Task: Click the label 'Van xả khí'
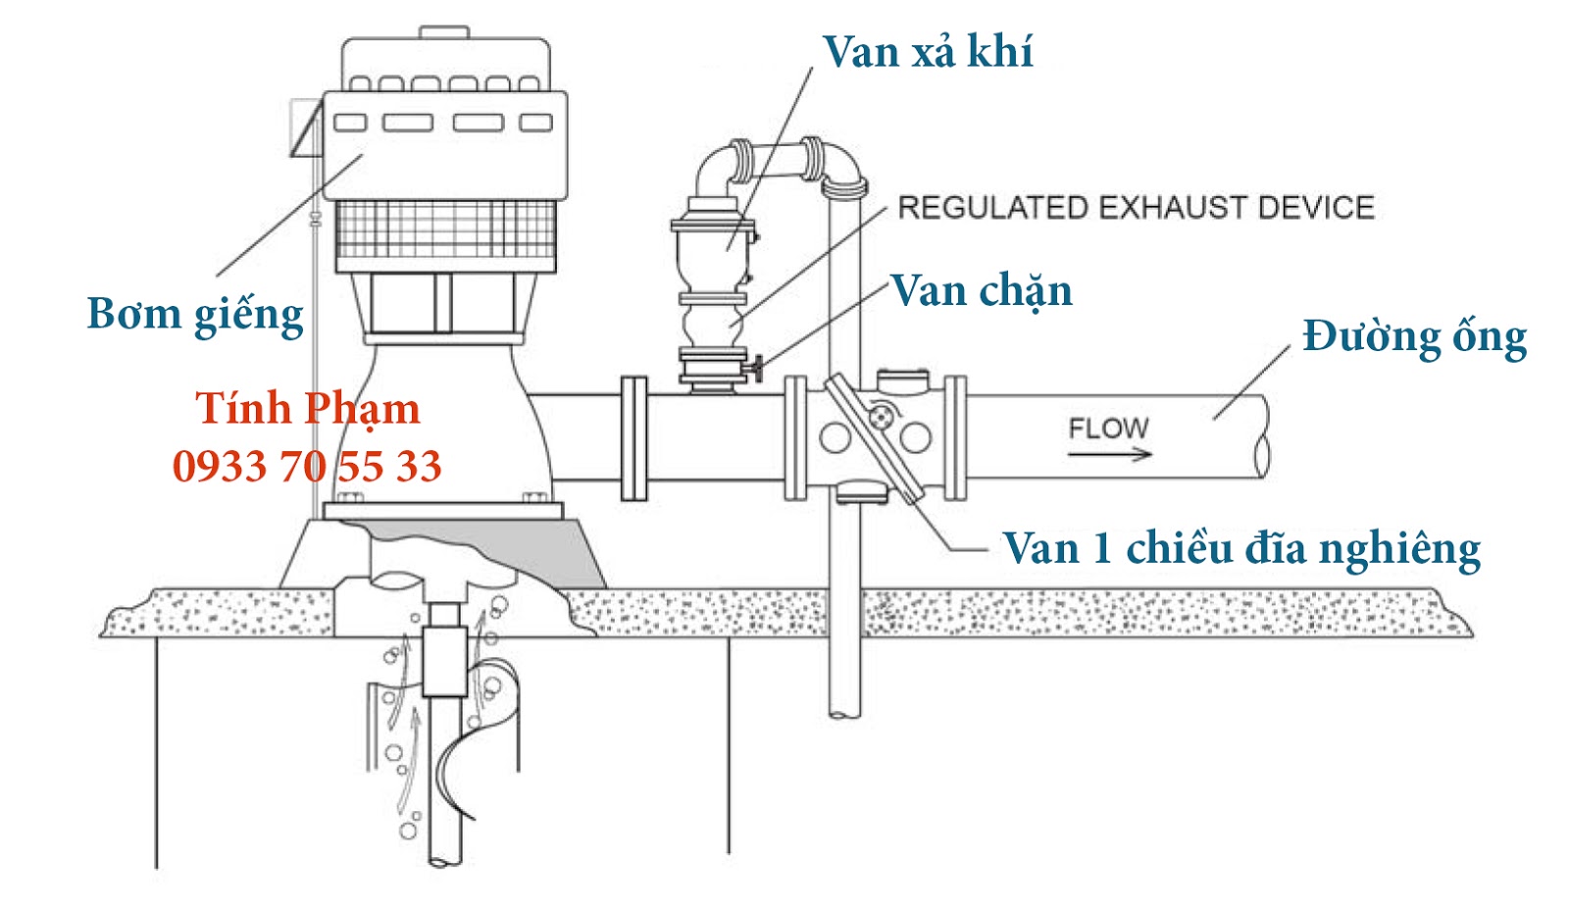pos(927,52)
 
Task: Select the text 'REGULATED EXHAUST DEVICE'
pos(1136,208)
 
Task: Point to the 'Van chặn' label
pos(981,291)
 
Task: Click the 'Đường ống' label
pos(1413,338)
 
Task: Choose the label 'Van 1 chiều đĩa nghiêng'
pos(1240,549)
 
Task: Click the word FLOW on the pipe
pos(1107,429)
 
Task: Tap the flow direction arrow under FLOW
pos(1109,454)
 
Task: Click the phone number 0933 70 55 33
pos(307,467)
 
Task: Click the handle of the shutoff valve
pos(757,370)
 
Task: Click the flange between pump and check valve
pos(633,437)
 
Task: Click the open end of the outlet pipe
pos(1262,437)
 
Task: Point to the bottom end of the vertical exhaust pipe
pos(843,710)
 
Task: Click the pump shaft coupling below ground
pos(443,658)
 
